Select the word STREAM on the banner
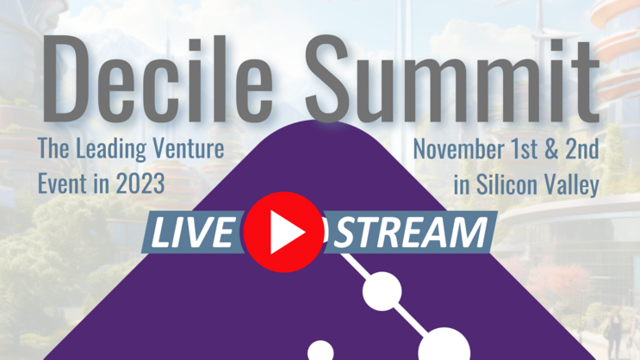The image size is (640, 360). click(407, 233)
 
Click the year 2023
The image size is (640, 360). click(140, 183)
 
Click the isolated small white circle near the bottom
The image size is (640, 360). click(320, 351)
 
